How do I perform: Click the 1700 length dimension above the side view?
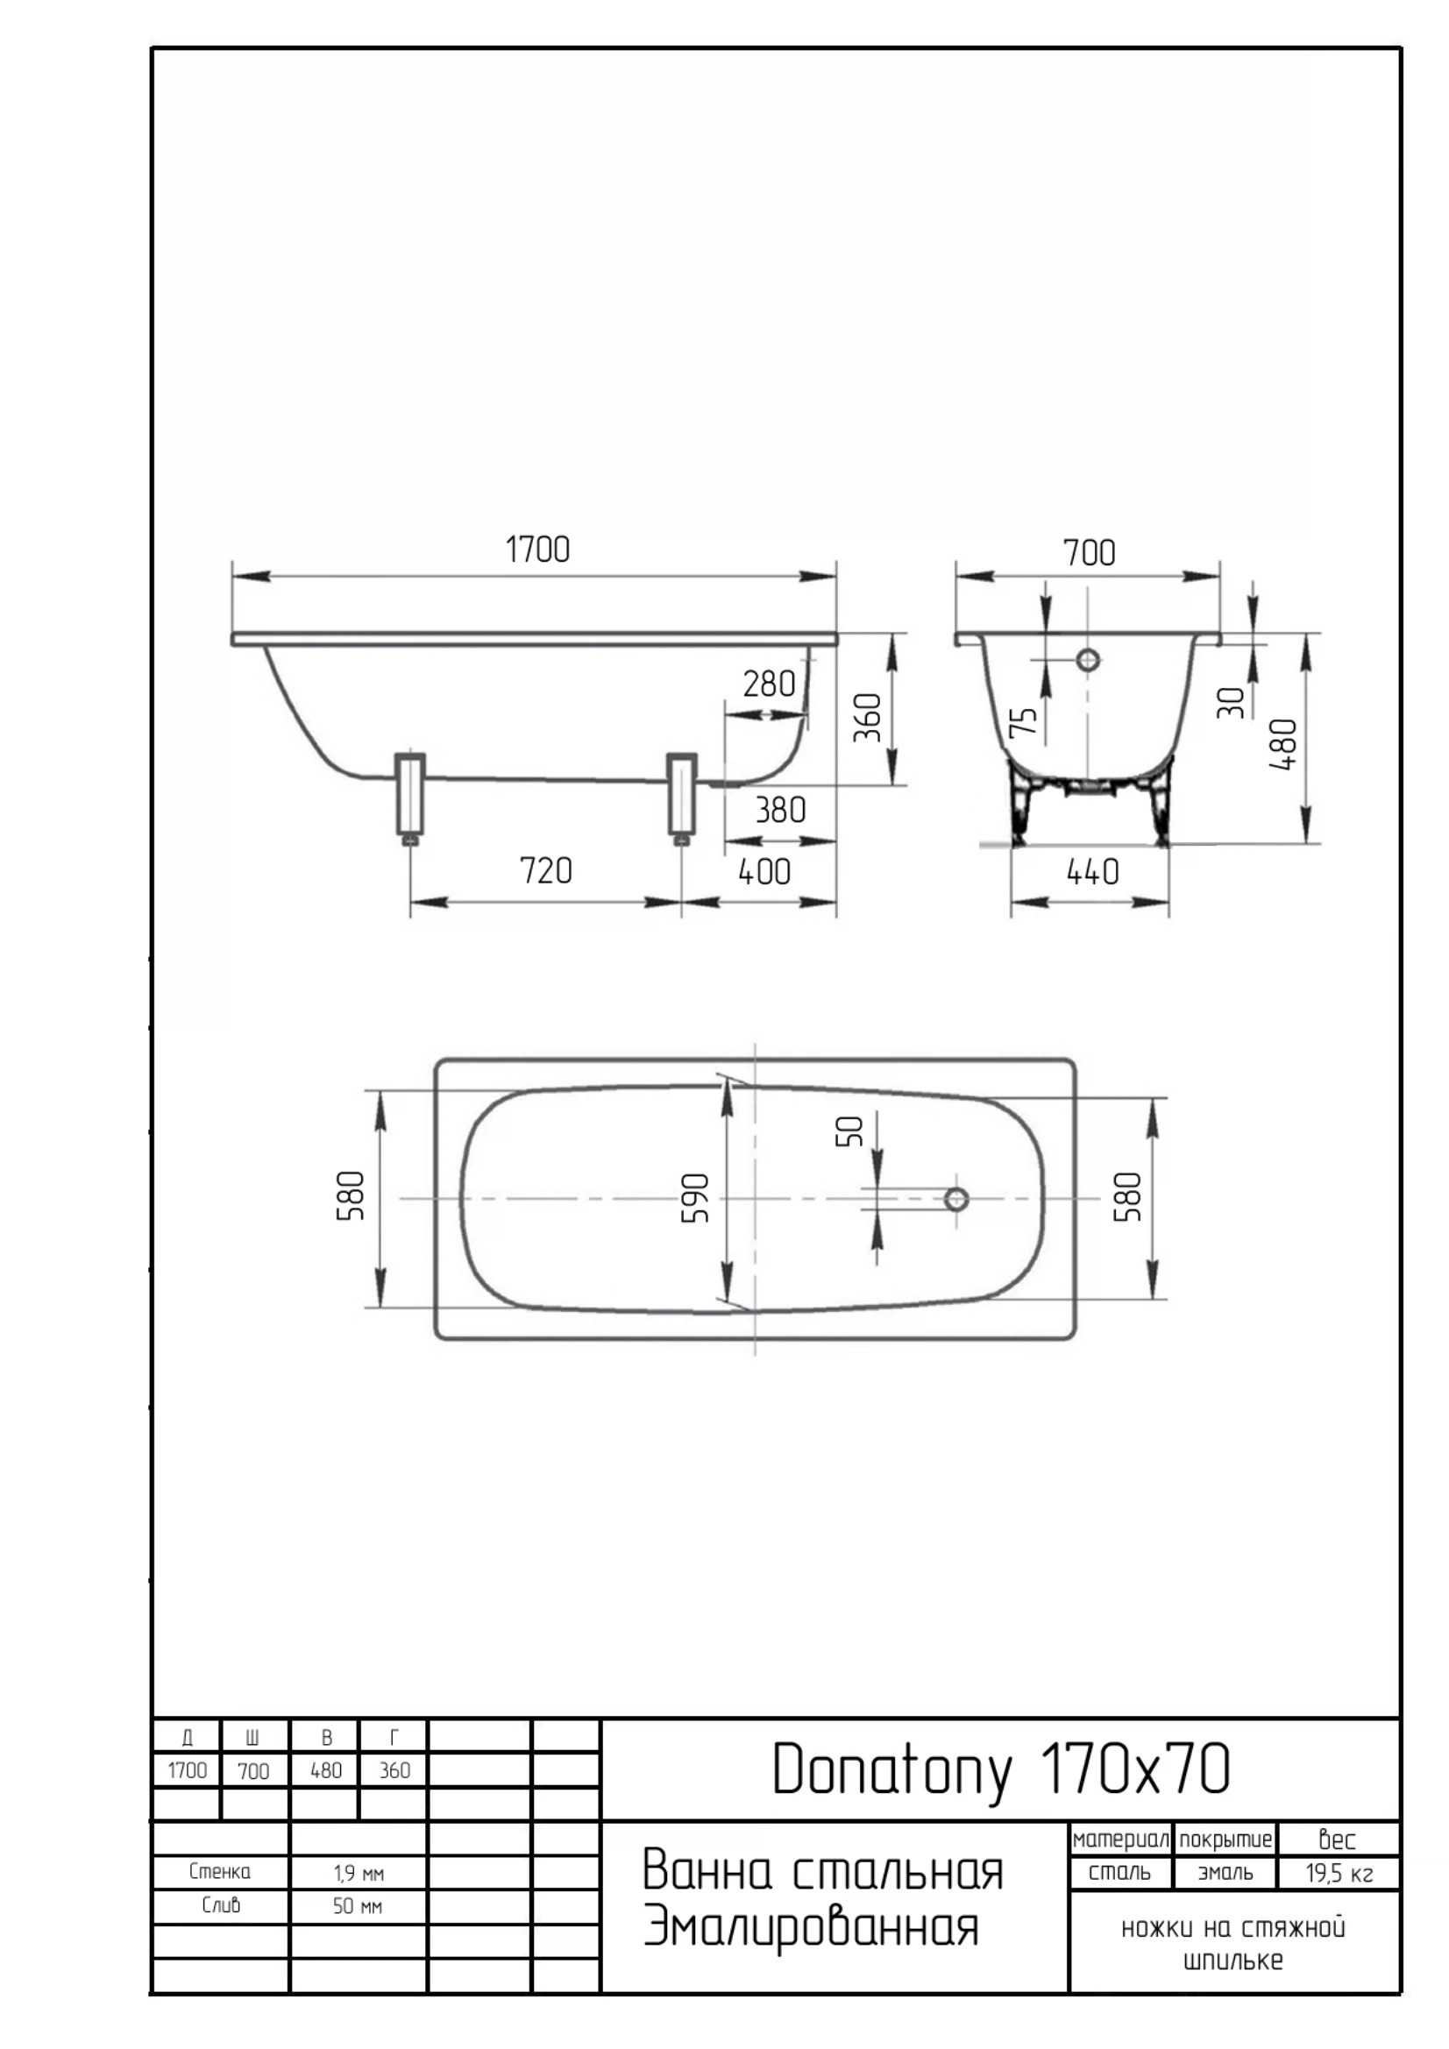[537, 549]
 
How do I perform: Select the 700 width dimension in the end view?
[1090, 553]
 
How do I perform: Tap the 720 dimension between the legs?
[545, 870]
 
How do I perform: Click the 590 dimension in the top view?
[694, 1198]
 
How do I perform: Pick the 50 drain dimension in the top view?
[850, 1131]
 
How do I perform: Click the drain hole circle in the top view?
[956, 1199]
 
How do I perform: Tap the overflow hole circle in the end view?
[1088, 661]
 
